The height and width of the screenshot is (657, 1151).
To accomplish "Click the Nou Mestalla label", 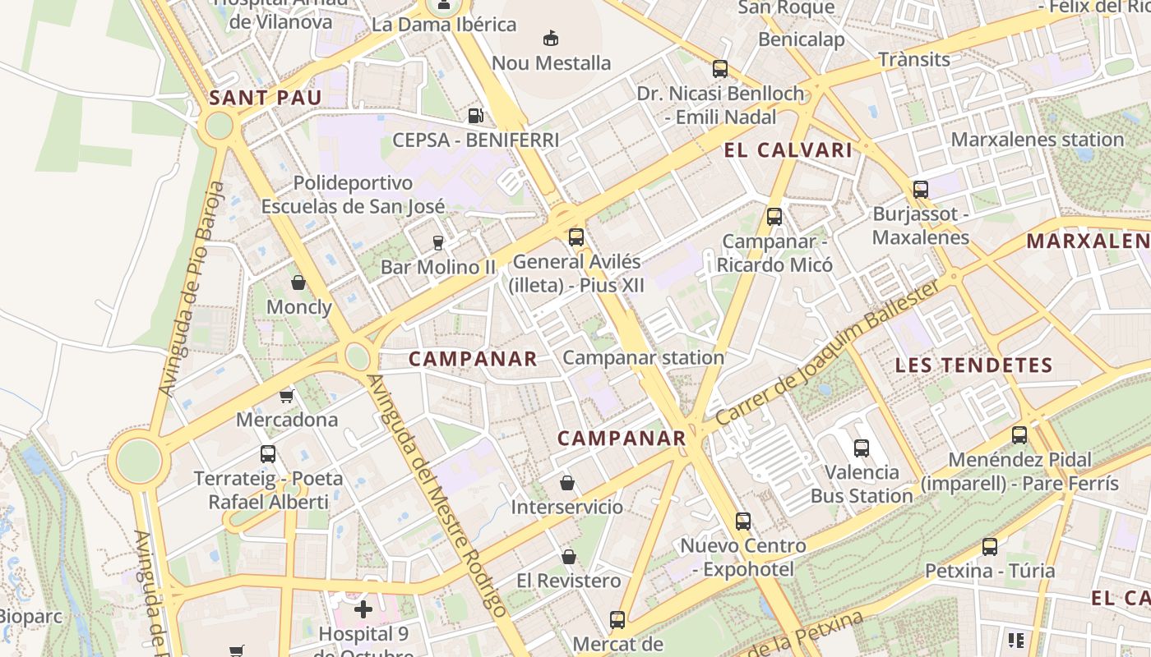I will click(x=551, y=63).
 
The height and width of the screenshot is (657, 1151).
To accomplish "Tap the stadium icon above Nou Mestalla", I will click(x=550, y=38).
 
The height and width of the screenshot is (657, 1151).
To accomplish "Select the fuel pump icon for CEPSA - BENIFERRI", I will click(x=475, y=116).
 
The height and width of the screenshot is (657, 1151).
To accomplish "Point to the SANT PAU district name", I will click(x=265, y=99).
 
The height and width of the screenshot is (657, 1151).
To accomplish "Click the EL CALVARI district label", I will click(x=788, y=150).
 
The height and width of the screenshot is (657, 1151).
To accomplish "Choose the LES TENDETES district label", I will click(x=973, y=365).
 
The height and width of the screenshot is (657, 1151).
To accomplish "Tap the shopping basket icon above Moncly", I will click(x=298, y=283).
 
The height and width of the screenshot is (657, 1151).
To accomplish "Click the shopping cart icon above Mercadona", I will click(x=286, y=396).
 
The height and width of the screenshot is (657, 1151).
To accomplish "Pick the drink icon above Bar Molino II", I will click(x=437, y=242).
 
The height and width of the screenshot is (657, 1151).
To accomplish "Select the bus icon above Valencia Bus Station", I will click(x=861, y=448).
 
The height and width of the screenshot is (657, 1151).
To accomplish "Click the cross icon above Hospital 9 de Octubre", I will click(x=363, y=609).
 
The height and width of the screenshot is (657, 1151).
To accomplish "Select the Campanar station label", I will click(x=643, y=358).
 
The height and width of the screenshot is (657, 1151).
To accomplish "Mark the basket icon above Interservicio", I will click(x=566, y=482).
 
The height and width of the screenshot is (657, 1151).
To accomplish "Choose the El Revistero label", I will click(x=568, y=581).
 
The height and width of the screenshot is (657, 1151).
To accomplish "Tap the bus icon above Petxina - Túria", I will click(x=989, y=546).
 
